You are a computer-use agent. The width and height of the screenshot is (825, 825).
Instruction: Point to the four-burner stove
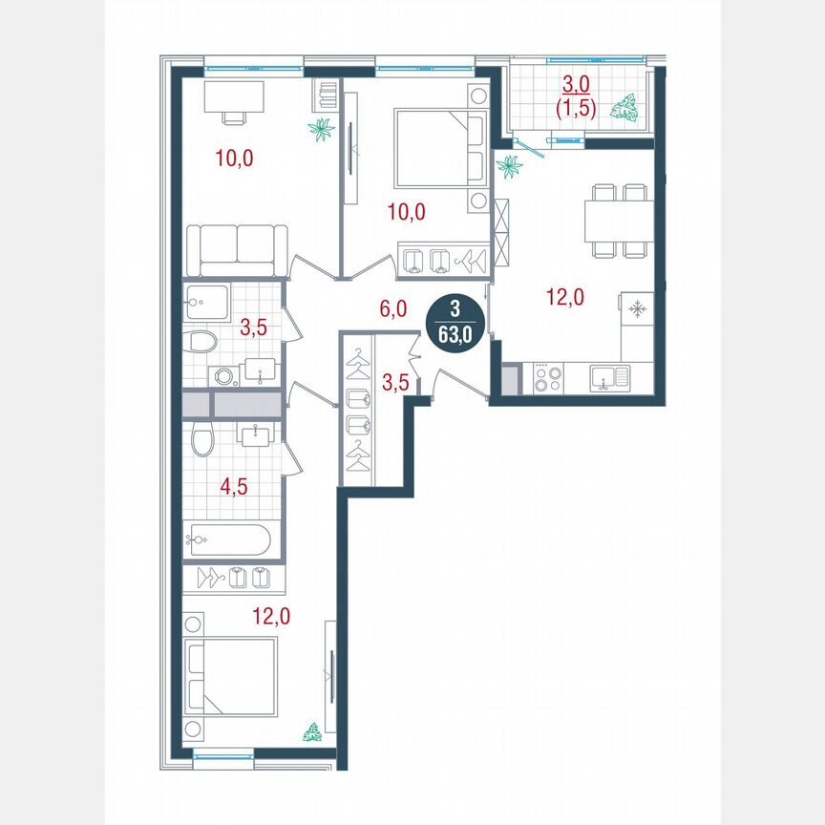tap(547, 379)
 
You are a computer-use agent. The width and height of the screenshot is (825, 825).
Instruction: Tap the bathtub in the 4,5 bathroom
tap(229, 540)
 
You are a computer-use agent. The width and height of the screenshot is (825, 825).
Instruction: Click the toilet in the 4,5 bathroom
tap(201, 442)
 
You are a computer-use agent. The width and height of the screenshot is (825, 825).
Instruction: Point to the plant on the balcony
tap(627, 108)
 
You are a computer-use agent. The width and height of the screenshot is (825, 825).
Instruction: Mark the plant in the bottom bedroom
tap(311, 733)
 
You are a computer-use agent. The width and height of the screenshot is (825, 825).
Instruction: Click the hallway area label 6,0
tap(393, 308)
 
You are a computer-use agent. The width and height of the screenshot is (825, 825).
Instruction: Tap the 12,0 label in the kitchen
tap(564, 297)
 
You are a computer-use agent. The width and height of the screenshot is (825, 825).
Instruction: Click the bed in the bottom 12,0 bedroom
tap(232, 676)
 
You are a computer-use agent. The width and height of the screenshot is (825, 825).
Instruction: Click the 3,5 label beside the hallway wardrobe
tap(395, 385)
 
